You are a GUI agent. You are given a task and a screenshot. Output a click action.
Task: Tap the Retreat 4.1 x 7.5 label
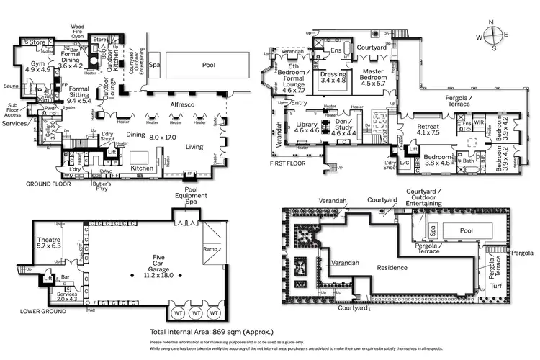(x=428, y=130)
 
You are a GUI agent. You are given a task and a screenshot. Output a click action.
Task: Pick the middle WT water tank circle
(x=194, y=314)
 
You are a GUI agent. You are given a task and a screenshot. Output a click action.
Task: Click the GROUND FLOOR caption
(x=28, y=184)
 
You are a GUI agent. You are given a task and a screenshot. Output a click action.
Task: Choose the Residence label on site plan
(x=377, y=266)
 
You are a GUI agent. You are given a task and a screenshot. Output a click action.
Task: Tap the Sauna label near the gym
(x=12, y=86)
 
